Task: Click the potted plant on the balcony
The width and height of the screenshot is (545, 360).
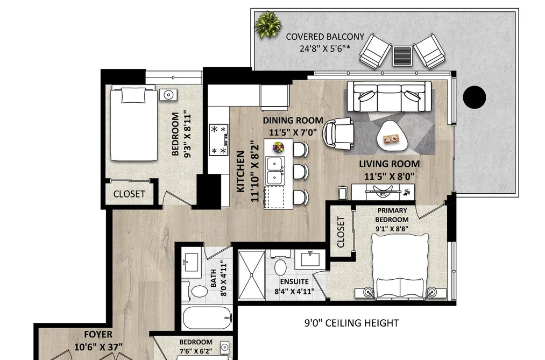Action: tap(268, 24)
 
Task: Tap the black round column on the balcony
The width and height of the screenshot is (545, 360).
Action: tap(475, 97)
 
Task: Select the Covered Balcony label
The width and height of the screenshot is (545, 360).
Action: tap(325, 42)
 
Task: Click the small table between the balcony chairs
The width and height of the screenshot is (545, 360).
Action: tap(402, 56)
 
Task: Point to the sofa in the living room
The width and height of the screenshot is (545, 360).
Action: tap(387, 96)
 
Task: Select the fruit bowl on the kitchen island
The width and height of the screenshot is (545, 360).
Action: tap(278, 147)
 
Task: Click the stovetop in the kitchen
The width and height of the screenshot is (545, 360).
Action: tap(218, 140)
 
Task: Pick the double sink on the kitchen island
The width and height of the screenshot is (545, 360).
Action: tap(275, 171)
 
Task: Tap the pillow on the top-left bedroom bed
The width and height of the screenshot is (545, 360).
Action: tap(133, 95)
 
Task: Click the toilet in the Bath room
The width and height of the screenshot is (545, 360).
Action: tap(197, 292)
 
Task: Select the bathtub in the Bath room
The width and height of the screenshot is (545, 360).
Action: tap(207, 318)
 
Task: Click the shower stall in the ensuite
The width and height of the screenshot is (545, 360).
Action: tap(252, 275)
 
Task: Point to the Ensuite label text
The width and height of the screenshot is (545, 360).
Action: tap(294, 281)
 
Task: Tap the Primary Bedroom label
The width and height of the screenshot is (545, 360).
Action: tap(392, 215)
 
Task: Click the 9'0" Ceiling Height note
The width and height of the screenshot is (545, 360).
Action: tap(352, 323)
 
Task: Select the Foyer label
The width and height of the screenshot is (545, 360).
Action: tap(98, 335)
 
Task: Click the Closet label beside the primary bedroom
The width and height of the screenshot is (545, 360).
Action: tap(341, 232)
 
